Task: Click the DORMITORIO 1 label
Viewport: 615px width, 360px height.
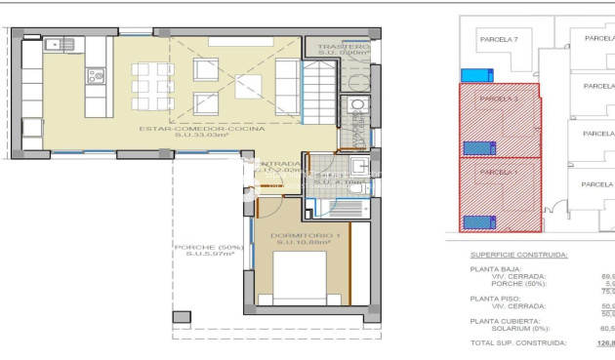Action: coord(301,235)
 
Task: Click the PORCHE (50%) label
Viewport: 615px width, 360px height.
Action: coord(207,247)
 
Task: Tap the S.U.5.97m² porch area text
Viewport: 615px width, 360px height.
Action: coord(207,256)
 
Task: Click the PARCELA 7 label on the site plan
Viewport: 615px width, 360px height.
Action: coord(498,39)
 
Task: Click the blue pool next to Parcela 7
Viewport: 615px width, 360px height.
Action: coord(476,75)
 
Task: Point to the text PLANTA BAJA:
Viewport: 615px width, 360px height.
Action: coord(497,268)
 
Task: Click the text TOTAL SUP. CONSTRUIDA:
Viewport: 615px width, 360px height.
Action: coord(518,343)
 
